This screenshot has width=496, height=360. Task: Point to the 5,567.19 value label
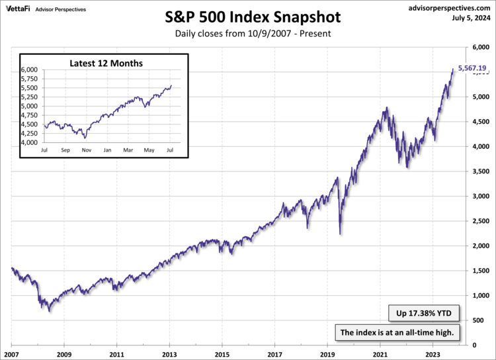[x=472, y=67]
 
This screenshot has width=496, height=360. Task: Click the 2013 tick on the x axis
[x=170, y=353]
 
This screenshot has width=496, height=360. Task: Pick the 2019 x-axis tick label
[x=328, y=353]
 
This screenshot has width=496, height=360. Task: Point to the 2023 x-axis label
[x=433, y=353]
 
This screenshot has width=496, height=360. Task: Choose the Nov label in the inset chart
[x=87, y=150]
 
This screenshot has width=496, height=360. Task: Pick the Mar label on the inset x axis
[x=128, y=150]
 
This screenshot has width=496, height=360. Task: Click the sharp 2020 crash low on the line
[x=340, y=233]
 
